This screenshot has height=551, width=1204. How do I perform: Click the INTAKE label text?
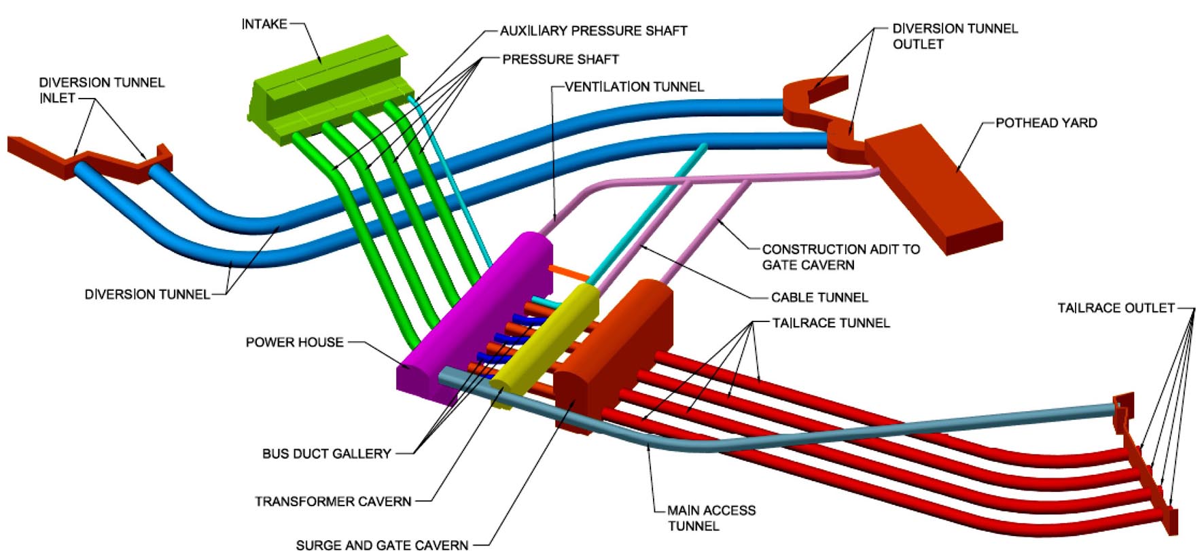pos(264,24)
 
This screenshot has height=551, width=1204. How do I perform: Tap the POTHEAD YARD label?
pos(1046,123)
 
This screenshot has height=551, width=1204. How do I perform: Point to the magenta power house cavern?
pos(476,313)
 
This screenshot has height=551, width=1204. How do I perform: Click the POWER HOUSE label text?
pos(294,342)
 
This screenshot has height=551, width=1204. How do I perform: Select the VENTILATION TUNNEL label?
pos(634,87)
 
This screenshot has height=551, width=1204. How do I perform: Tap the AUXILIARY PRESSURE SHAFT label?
pos(593,31)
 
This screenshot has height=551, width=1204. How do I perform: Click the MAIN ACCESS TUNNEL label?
pos(711,518)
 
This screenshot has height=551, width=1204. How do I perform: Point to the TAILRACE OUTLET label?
pos(1116,308)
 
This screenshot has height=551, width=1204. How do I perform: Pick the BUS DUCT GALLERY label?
pos(326,454)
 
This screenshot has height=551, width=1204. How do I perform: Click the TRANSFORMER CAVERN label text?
pos(333,502)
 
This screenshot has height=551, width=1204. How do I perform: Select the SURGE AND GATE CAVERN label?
pos(382,544)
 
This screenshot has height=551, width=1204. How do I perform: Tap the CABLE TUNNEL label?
pos(819,298)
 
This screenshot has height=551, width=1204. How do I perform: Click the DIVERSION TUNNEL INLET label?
pos(101,90)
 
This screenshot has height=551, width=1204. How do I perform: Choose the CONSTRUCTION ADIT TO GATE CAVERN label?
pos(840,257)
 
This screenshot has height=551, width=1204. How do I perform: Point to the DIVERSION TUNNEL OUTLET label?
pos(955,36)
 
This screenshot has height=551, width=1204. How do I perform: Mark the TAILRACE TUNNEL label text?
pos(830,323)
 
